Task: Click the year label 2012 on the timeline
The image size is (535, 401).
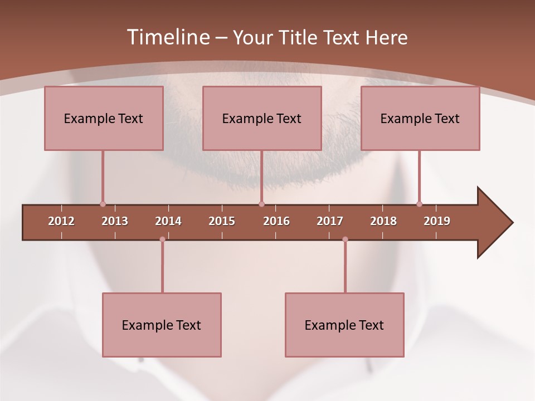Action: [61, 221]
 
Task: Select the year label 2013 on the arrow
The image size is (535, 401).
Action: [115, 221]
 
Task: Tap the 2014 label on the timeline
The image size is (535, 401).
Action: [168, 221]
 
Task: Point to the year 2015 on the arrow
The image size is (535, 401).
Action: [222, 221]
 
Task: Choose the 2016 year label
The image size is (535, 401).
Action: [276, 221]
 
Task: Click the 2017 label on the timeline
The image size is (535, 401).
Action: [330, 221]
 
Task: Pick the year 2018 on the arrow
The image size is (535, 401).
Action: [383, 221]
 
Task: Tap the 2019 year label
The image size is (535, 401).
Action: [437, 221]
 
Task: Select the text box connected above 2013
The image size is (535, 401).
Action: [104, 118]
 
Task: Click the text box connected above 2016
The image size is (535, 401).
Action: [262, 118]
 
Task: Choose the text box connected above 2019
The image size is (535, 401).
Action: [420, 118]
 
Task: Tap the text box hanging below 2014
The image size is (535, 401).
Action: [162, 325]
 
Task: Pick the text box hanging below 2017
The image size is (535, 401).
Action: [344, 325]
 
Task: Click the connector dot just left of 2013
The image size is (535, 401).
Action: [103, 204]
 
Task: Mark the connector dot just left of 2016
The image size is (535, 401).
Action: [261, 204]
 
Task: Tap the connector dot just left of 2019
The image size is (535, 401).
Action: [419, 204]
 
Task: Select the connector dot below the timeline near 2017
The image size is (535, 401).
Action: [345, 239]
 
